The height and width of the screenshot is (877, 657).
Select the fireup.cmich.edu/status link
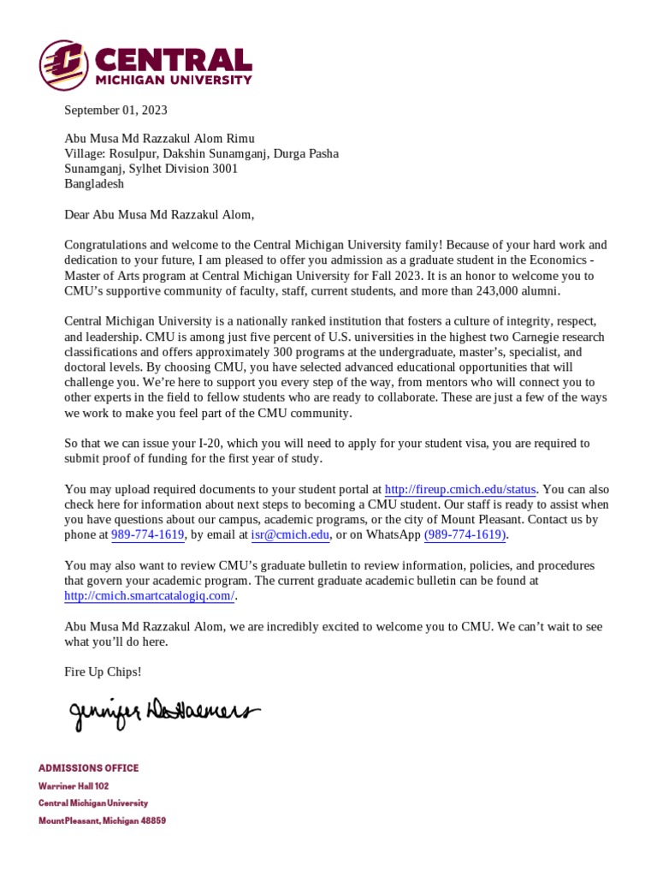460,490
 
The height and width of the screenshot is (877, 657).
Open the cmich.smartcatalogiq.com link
149,596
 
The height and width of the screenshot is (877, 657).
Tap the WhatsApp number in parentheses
465,535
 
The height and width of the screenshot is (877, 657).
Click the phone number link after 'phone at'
148,535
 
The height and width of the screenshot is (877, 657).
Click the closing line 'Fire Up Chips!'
103,671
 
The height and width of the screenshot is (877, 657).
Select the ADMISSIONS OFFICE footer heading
88,768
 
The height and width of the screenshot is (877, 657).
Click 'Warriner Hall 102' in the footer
74,786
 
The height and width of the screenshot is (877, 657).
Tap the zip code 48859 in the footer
151,820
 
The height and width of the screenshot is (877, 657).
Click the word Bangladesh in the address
94,183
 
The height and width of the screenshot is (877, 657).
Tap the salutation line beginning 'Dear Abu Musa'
159,215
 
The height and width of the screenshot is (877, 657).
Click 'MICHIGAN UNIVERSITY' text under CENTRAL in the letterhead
174,81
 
